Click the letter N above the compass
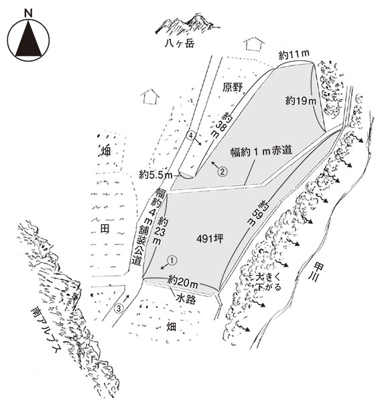[28, 13]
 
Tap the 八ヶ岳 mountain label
[180, 43]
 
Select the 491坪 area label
[210, 239]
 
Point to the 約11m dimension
[294, 55]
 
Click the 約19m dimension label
[301, 100]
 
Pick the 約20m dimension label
[182, 282]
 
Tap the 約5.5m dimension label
[155, 175]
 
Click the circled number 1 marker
[172, 261]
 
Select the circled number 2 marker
[222, 172]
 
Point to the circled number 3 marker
[119, 308]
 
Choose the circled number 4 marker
[191, 135]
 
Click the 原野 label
[233, 87]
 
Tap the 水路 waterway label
[186, 299]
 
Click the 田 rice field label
[105, 228]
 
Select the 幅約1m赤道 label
[261, 151]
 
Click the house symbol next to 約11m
[254, 44]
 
